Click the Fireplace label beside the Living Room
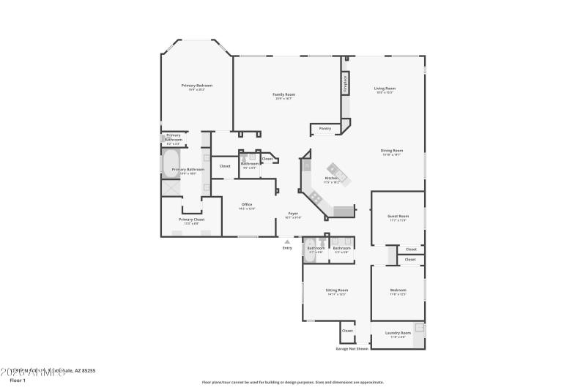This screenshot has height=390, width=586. pyautogui.click(x=344, y=84)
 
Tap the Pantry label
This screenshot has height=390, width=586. pyautogui.click(x=325, y=129)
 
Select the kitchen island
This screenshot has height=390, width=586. pyautogui.click(x=338, y=173)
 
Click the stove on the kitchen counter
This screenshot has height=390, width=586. pyautogui.click(x=316, y=197)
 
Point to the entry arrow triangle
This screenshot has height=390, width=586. pyautogui.click(x=287, y=241)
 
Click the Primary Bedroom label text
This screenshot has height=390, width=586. pyautogui.click(x=197, y=86)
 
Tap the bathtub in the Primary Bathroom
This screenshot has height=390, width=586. pyautogui.click(x=171, y=162)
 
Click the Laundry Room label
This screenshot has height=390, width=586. pyautogui.click(x=398, y=333)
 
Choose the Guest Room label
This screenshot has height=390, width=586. pyautogui.click(x=398, y=216)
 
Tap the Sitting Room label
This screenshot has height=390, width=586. pyautogui.click(x=337, y=290)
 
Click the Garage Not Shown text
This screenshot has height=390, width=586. pyautogui.click(x=352, y=348)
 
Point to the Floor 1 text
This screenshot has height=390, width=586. pyautogui.click(x=18, y=380)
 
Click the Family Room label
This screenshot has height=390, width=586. pyautogui.click(x=283, y=94)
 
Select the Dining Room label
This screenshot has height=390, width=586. pyautogui.click(x=393, y=151)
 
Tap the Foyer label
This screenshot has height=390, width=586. pyautogui.click(x=292, y=213)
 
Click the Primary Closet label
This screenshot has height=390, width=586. pyautogui.click(x=191, y=219)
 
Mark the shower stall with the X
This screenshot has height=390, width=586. pyautogui.click(x=171, y=188)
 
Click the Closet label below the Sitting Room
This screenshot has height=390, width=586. pyautogui.click(x=347, y=331)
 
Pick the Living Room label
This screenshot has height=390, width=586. pyautogui.click(x=385, y=89)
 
